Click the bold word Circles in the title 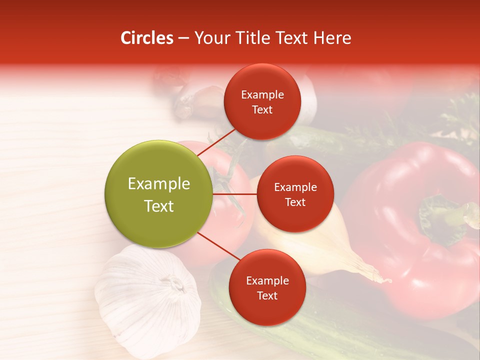click(x=146, y=38)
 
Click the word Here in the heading click(x=332, y=38)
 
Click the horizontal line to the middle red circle click(x=234, y=193)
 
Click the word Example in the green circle click(x=158, y=184)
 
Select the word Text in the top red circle click(x=262, y=110)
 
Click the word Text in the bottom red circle click(x=267, y=296)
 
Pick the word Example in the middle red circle click(x=295, y=187)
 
